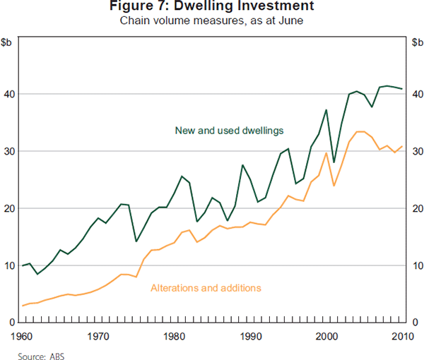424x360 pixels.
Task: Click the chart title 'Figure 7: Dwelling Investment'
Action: click(x=212, y=7)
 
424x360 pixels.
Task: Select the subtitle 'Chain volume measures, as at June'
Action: click(x=212, y=20)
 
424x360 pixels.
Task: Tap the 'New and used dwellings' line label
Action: click(x=219, y=130)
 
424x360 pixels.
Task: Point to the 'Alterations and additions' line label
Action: click(x=206, y=288)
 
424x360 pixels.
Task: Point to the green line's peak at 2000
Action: click(x=326, y=109)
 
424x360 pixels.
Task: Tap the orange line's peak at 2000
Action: click(x=326, y=153)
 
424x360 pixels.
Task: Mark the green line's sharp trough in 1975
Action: click(x=136, y=241)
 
